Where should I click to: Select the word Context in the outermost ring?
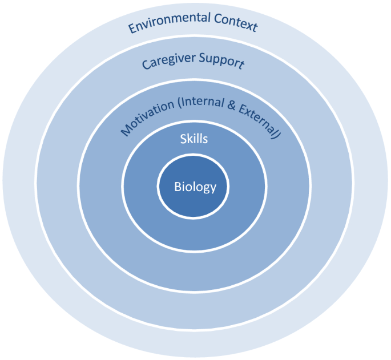(236, 23)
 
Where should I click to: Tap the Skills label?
(194, 138)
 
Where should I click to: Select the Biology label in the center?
(195, 187)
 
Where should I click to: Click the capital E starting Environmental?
(132, 29)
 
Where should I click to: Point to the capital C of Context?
(217, 21)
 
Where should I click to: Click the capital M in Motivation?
(125, 132)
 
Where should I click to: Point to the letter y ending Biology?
(213, 188)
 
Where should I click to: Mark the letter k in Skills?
(189, 138)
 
